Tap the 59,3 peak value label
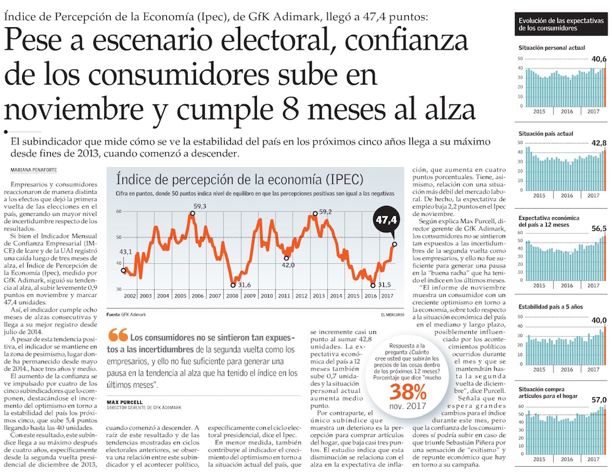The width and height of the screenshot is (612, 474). pos(200,206)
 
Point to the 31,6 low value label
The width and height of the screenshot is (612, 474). pos(244,285)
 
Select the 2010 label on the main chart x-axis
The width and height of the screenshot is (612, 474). pos(267,295)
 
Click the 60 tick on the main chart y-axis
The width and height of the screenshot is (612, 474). pos(119,211)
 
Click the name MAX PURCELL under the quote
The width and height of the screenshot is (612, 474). pos(125,402)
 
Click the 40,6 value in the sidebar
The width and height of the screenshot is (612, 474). pos(599,58)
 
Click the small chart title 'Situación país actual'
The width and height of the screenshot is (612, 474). pos(545,134)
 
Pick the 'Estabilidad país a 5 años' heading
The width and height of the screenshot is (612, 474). pos(551,307)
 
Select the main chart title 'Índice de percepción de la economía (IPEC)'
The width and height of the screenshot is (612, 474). pos(239,180)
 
